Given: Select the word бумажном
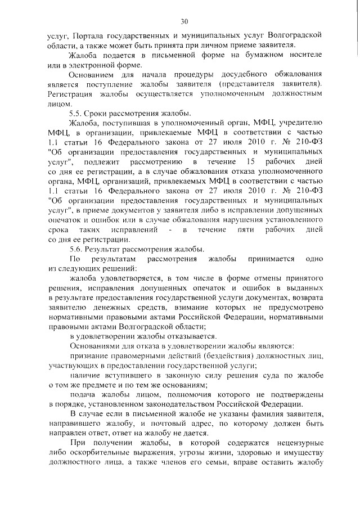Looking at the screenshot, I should (258, 55).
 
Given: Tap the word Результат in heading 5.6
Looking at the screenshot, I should (105, 265).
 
